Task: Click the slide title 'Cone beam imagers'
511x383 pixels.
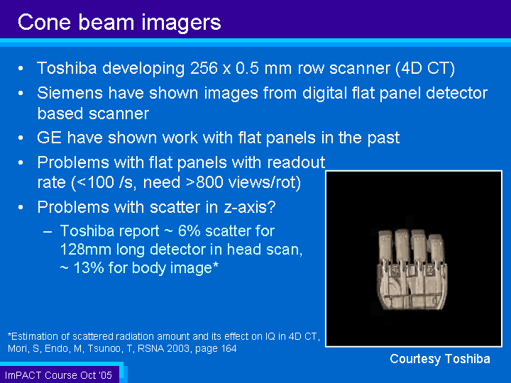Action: click(119, 23)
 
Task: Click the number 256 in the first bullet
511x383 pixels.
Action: click(204, 68)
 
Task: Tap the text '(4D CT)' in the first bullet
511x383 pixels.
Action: click(425, 69)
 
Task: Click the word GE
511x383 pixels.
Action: click(49, 138)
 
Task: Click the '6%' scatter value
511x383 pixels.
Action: click(189, 231)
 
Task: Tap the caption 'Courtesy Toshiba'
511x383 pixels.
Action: click(440, 359)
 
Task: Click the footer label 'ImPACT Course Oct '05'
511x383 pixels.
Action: click(59, 375)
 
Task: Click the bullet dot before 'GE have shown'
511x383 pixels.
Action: click(21, 138)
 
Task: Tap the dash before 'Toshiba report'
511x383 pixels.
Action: click(48, 231)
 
